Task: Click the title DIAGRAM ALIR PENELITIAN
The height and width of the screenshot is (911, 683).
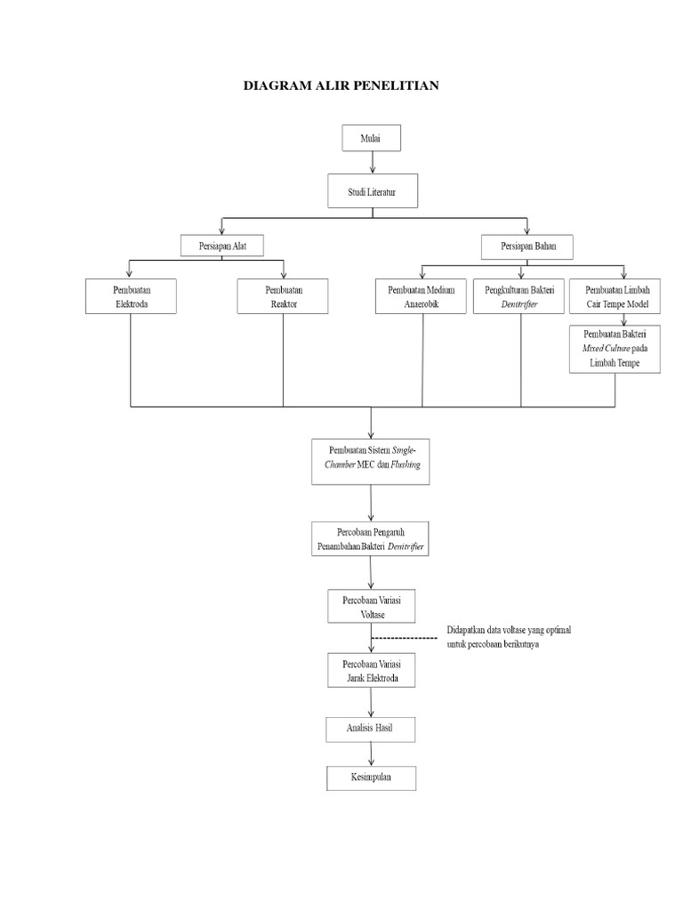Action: coord(341,86)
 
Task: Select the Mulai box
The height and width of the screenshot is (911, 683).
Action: coord(371,139)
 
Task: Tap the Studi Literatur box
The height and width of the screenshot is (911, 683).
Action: coord(371,190)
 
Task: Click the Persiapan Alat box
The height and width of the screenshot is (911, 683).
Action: coord(221,245)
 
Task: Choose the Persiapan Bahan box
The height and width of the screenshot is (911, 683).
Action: coord(527,245)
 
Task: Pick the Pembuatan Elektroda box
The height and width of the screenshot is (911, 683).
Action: coord(131,296)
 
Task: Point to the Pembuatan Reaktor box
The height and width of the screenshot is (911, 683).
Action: coord(284,296)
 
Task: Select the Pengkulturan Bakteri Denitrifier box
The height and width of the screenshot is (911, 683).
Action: coord(520,296)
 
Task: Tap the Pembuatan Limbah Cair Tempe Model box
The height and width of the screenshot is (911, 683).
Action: coord(615,296)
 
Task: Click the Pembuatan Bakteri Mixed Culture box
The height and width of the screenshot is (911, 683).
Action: coord(615,349)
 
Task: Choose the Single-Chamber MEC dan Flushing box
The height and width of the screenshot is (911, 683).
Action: coord(371,460)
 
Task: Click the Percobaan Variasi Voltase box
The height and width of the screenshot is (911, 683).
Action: coord(371,606)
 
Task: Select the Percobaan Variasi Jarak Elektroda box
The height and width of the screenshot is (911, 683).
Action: coord(371,671)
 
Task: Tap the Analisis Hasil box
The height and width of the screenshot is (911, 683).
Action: coord(371,729)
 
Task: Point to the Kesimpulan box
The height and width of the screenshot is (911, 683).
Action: coord(371,777)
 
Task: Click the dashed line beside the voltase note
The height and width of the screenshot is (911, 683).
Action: coord(406,638)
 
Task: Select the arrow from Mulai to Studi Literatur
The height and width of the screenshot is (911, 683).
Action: coord(372,162)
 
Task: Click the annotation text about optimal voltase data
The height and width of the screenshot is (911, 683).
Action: coord(510,637)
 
